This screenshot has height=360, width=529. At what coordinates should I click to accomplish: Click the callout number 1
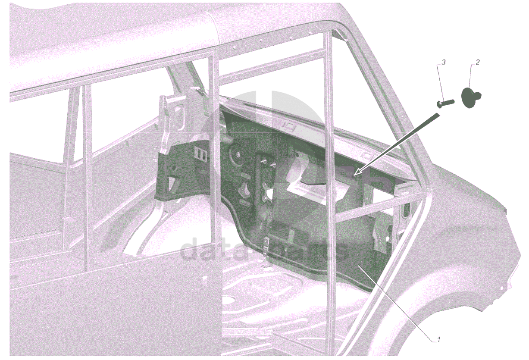coord(438,340)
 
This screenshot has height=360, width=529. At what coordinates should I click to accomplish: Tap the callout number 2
coord(478,63)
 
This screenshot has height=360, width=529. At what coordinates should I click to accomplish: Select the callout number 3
coord(444,63)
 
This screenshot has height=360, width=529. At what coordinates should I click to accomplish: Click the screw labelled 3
coord(445,104)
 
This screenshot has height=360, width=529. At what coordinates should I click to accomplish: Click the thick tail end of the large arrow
coord(437,116)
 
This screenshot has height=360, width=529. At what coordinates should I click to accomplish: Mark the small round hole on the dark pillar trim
coord(174,169)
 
